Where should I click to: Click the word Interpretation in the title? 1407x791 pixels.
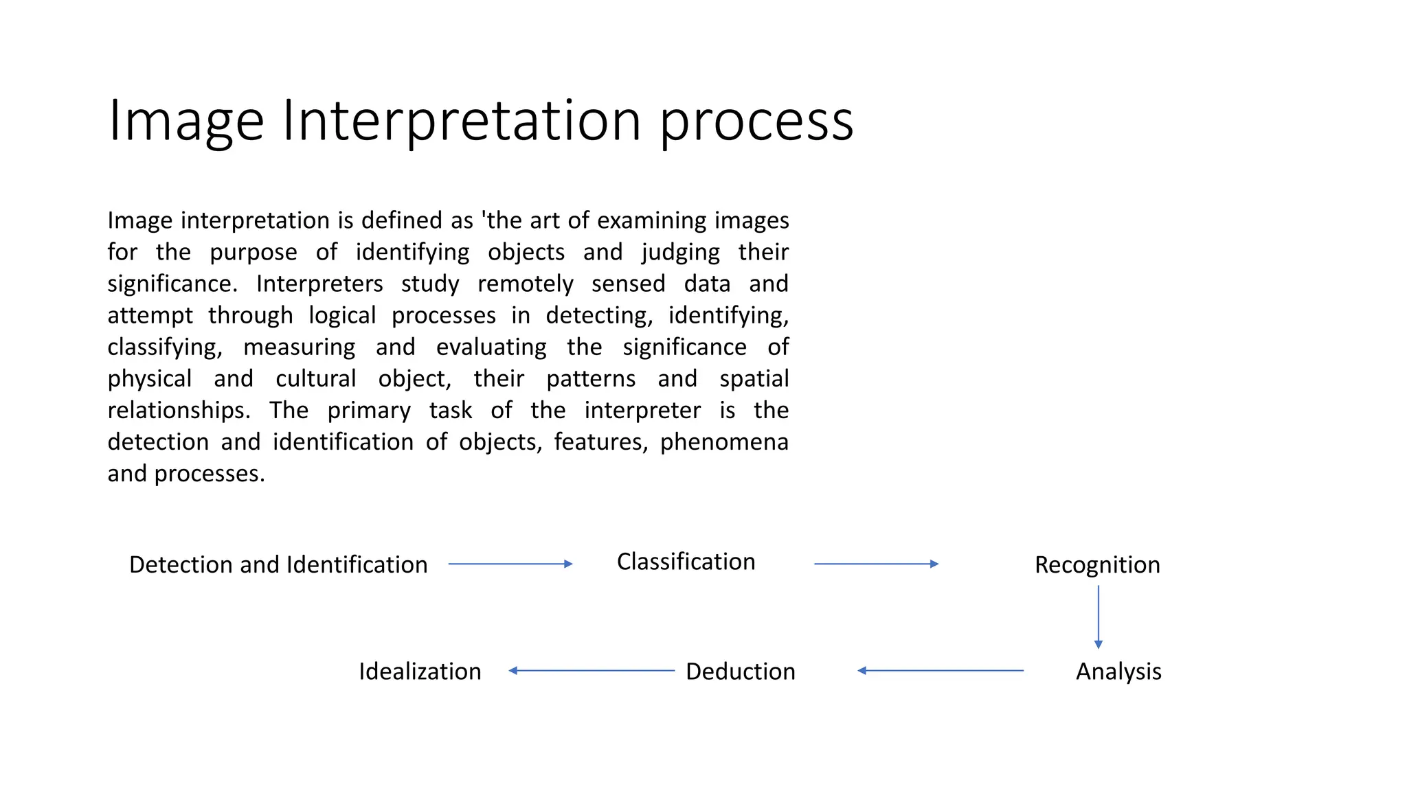[x=462, y=121]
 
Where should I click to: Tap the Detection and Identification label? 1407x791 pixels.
[x=278, y=564]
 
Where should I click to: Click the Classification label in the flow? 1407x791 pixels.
[x=686, y=562]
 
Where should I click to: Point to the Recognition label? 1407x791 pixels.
[x=1097, y=564]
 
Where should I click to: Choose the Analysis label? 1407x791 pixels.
[x=1118, y=671]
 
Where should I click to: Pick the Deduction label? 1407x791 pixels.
[x=741, y=671]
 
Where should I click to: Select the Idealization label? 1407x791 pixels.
[x=420, y=671]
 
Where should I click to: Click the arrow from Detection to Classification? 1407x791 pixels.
[x=510, y=564]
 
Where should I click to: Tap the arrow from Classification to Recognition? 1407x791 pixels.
[x=876, y=564]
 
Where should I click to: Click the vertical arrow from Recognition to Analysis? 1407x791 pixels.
[x=1098, y=617]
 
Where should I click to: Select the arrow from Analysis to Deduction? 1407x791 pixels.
[x=941, y=670]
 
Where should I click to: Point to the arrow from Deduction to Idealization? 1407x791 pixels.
[x=592, y=670]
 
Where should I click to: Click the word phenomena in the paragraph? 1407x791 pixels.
[x=724, y=442]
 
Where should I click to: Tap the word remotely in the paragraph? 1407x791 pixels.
[x=525, y=284]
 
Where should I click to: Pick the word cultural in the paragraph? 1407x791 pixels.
[x=316, y=378]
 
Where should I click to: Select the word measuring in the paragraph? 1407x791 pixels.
[x=300, y=347]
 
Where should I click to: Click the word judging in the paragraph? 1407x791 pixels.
[x=680, y=252]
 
